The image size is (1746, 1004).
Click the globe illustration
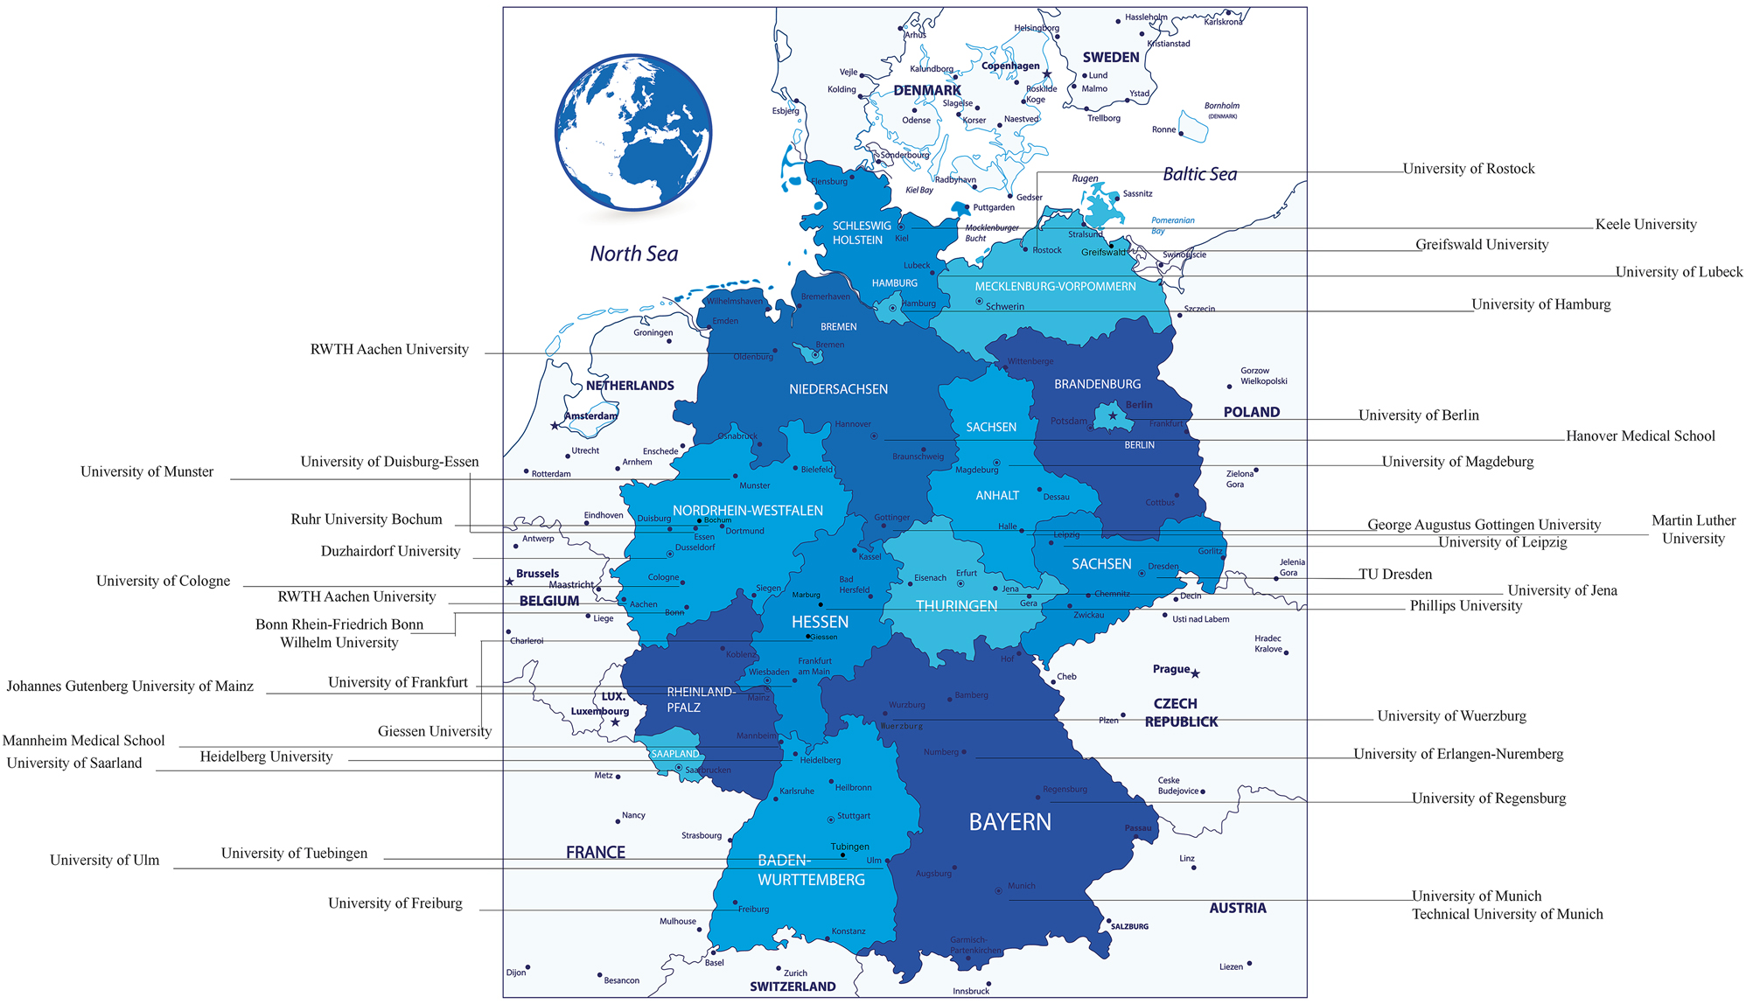coord(632,132)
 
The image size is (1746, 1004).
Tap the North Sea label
coord(633,254)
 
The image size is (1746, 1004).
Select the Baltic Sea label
coord(1199,174)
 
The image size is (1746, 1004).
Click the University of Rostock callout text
coord(1468,169)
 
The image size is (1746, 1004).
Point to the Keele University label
coord(1645,225)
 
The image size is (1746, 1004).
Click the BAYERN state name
coord(1009,822)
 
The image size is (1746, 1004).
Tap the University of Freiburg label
coord(395,903)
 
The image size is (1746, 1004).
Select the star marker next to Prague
coord(1195,673)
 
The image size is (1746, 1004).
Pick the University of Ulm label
coord(104,861)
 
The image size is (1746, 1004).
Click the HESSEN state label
coord(820,622)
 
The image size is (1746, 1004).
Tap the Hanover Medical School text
coord(1639,436)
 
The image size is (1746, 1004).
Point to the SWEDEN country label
coord(1110,58)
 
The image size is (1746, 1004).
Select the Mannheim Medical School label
coord(83,741)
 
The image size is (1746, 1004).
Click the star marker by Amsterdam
coord(555,426)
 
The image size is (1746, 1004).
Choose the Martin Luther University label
coord(1693,529)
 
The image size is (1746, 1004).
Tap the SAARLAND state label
coord(674,754)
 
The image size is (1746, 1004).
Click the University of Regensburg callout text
coord(1488,798)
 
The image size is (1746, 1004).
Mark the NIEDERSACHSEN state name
coord(837,389)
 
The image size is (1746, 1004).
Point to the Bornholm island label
coord(1221,106)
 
